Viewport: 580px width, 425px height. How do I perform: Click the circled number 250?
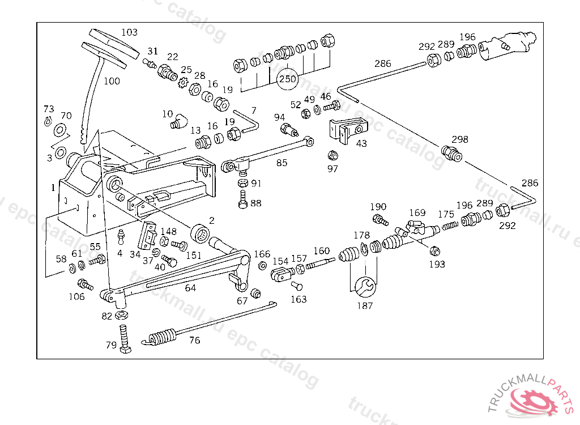coord(287,79)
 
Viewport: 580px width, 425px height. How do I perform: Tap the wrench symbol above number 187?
coord(365,287)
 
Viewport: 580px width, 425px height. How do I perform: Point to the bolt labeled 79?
coord(125,338)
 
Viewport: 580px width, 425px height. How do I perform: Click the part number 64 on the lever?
coord(190,288)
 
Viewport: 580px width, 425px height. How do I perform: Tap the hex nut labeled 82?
coord(121,316)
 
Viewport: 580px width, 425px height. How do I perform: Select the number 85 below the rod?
coord(282,163)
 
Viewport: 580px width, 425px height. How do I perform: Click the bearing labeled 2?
coord(200,233)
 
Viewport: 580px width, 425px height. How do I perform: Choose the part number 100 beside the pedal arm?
coord(112,80)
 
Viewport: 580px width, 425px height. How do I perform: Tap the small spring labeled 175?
coord(450,224)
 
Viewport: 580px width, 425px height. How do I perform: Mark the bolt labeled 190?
coord(380,219)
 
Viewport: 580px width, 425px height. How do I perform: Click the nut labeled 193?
coord(435,251)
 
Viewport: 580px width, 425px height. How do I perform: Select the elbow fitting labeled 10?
coord(178,121)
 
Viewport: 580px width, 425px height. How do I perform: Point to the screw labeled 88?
coord(243,199)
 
